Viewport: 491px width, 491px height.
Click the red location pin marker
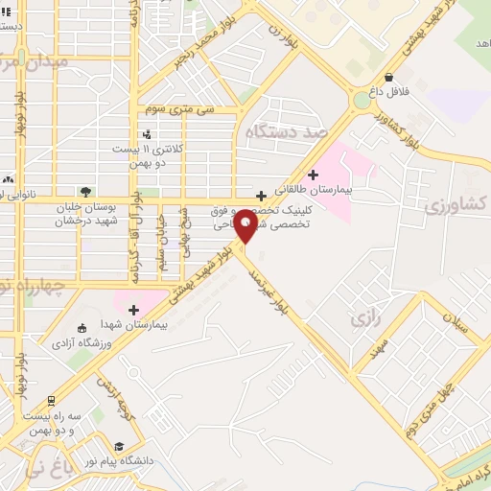(245, 224)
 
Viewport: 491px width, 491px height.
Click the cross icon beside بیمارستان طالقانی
(313, 175)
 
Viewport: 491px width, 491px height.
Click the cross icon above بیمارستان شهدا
(133, 309)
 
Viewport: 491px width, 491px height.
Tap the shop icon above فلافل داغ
(387, 77)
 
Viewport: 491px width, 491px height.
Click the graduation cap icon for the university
(118, 446)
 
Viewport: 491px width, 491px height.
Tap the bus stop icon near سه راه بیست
(50, 401)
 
